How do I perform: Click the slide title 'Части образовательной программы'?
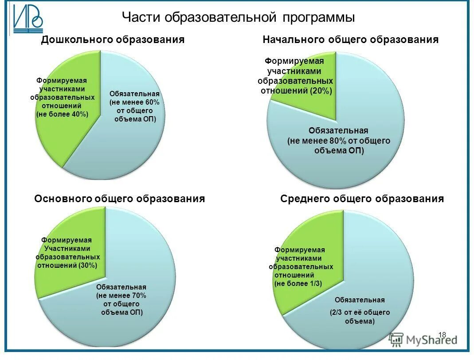click(238, 18)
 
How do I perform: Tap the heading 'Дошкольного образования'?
click(113, 40)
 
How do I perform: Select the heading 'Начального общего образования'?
click(350, 40)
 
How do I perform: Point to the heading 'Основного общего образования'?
click(119, 199)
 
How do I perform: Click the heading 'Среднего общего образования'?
click(362, 199)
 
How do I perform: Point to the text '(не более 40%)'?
click(62, 114)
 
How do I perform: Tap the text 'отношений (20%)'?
click(296, 90)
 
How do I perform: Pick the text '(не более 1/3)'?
click(298, 283)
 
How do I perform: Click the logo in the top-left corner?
click(27, 20)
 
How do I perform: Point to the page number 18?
click(442, 335)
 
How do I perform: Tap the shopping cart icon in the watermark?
click(396, 339)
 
